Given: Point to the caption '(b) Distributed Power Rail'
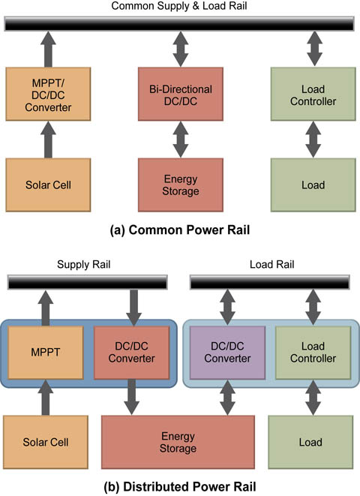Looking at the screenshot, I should point(180,486).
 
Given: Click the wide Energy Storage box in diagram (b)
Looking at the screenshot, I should point(178,442).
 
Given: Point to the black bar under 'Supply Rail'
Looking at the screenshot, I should point(88,282).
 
